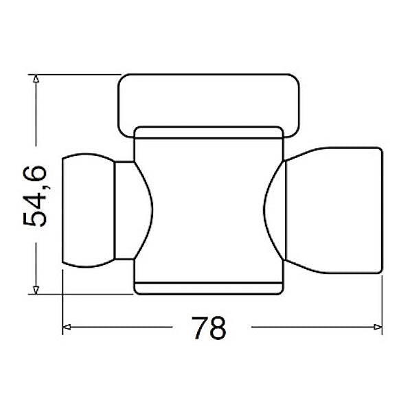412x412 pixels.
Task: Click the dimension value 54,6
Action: coord(35,196)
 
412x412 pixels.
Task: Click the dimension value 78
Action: coord(209,328)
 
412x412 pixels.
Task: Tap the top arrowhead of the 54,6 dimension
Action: coord(36,79)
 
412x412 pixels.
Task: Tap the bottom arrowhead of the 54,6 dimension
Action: coord(36,290)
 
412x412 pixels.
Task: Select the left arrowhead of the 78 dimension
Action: coord(67,327)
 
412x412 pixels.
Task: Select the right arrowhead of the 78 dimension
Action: coord(378,327)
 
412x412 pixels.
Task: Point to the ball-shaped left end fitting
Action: coord(89,210)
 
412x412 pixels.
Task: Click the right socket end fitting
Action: coord(334,211)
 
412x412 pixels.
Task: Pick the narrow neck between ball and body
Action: coord(124,211)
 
